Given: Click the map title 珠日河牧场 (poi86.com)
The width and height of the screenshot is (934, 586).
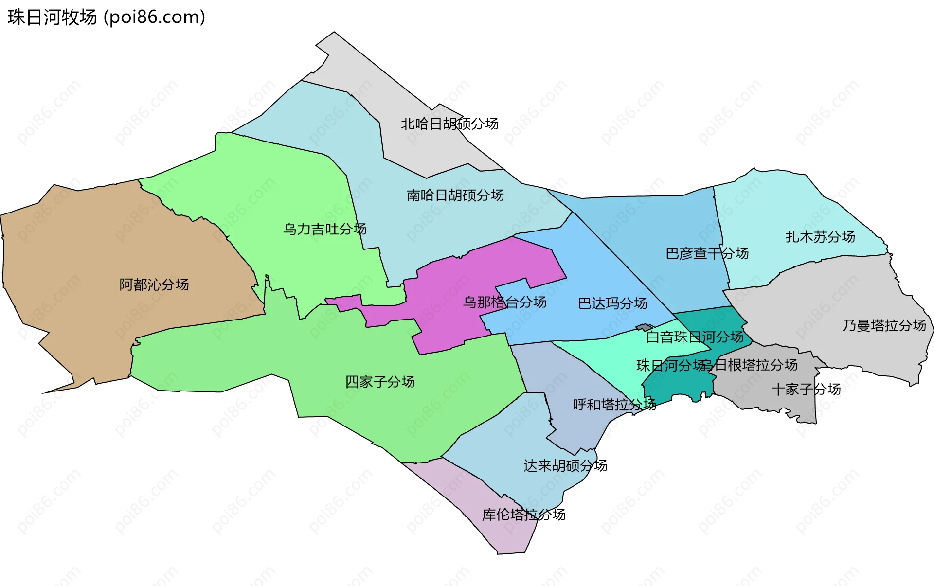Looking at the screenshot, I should click(106, 17).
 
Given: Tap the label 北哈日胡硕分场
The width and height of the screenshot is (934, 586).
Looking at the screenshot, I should click(449, 124).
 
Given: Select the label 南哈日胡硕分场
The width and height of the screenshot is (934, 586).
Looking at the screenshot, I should click(455, 195).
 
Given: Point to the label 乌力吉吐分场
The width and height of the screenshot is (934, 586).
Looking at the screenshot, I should click(324, 229).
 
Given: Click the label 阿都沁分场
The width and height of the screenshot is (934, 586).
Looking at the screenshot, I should click(154, 284).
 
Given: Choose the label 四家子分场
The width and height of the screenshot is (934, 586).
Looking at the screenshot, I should click(379, 382).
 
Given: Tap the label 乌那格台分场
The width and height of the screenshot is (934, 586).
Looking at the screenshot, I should click(504, 302).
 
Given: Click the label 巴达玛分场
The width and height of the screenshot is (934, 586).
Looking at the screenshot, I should click(612, 303).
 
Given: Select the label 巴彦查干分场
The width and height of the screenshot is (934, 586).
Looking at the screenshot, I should click(707, 253).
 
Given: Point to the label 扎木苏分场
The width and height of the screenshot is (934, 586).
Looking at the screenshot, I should click(820, 237).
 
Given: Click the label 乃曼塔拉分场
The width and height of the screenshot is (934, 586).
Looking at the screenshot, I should click(884, 325).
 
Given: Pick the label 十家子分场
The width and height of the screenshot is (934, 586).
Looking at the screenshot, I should click(806, 389).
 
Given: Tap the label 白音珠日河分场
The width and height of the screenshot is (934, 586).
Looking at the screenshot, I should click(695, 337).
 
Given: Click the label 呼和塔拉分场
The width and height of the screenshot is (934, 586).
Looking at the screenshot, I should click(614, 404).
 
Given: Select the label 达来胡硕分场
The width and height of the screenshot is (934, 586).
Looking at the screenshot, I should click(565, 466).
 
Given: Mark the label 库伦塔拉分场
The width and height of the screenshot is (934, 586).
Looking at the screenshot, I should click(523, 515).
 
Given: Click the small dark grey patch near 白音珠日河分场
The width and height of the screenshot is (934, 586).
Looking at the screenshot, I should click(645, 328).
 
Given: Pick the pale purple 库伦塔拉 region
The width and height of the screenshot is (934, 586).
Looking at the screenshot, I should click(506, 535).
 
